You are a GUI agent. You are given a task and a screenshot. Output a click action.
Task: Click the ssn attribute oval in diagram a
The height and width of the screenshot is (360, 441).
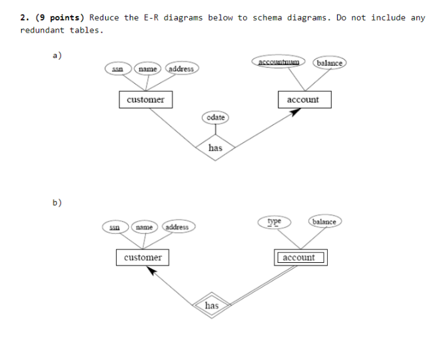[x=117, y=69]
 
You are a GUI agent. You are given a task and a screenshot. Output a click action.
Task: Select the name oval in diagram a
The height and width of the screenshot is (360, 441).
[x=147, y=69]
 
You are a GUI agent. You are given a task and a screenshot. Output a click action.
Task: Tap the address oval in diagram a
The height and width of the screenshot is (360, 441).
[x=181, y=69]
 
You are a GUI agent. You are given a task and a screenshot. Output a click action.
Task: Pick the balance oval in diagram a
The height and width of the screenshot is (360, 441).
[x=329, y=63]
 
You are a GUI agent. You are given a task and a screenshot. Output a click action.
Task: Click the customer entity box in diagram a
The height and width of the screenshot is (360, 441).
[x=145, y=100]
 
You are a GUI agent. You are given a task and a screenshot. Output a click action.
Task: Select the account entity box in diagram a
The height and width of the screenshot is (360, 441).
[x=302, y=100]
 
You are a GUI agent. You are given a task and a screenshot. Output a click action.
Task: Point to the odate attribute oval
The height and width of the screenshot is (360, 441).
[x=215, y=118]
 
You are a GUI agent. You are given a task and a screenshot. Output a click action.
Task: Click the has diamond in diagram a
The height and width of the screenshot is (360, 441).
[x=215, y=148]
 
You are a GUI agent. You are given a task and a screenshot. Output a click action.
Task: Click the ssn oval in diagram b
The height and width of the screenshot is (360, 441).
[x=115, y=228]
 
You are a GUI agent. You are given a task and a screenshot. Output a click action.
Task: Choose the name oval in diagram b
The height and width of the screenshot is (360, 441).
[x=144, y=228]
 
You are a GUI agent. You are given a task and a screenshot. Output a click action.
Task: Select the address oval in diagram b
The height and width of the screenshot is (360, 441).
[x=177, y=228]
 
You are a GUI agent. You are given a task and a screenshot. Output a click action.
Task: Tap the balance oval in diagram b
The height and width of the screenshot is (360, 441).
[x=324, y=221]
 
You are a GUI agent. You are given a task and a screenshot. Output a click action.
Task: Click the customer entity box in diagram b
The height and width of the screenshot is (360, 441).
[x=143, y=258]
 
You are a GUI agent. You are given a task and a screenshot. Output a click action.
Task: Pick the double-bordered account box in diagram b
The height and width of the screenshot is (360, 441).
[x=299, y=258]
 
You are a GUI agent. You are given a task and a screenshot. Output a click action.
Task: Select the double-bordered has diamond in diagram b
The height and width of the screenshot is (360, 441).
[x=212, y=305]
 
